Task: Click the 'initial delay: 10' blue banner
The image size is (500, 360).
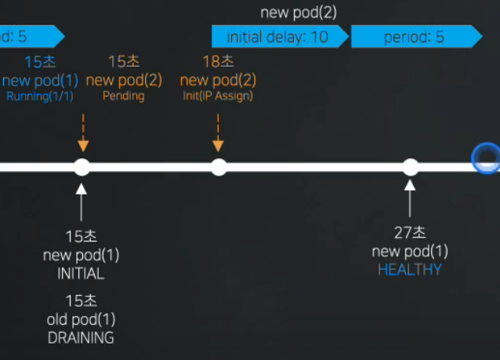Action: pyautogui.click(x=280, y=37)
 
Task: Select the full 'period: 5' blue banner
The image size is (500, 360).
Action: pyautogui.click(x=416, y=37)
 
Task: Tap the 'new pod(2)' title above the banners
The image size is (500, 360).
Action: pyautogui.click(x=299, y=13)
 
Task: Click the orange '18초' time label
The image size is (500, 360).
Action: pyautogui.click(x=218, y=61)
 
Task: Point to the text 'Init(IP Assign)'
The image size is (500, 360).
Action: pyautogui.click(x=218, y=96)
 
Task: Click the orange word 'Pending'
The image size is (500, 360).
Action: pyautogui.click(x=123, y=96)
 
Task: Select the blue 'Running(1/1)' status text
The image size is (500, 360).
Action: pyautogui.click(x=40, y=96)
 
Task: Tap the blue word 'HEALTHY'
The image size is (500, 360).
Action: pyautogui.click(x=410, y=270)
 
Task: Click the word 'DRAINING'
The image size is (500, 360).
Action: pyautogui.click(x=81, y=338)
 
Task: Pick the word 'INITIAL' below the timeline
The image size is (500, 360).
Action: pyautogui.click(x=81, y=274)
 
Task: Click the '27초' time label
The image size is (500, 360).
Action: pyautogui.click(x=410, y=232)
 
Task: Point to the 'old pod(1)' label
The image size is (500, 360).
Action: pyautogui.click(x=81, y=319)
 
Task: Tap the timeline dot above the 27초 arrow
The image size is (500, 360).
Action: pyautogui.click(x=411, y=167)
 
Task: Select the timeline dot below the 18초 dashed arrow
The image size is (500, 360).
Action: pyautogui.click(x=219, y=167)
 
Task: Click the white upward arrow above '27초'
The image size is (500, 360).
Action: pyautogui.click(x=410, y=198)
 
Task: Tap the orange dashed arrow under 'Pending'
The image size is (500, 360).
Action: pyautogui.click(x=83, y=133)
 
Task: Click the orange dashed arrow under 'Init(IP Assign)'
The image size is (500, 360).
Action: pyautogui.click(x=218, y=133)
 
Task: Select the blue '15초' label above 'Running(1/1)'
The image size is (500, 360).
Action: pyautogui.click(x=40, y=62)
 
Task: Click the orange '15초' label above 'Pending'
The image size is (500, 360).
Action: pyautogui.click(x=124, y=61)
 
